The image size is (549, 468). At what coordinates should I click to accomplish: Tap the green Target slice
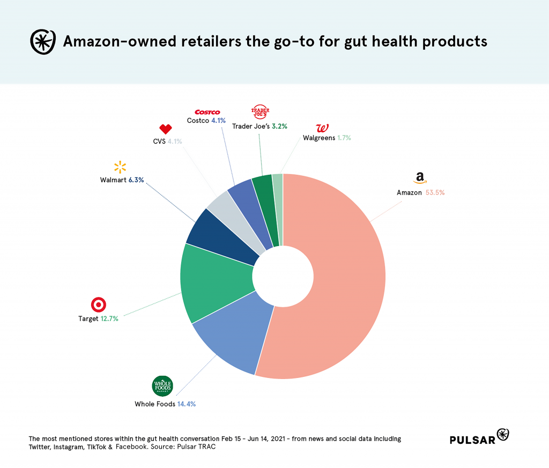pos(214,281)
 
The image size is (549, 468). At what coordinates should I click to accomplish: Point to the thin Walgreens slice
pos(278,209)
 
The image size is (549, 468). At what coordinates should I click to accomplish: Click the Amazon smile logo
pos(420,178)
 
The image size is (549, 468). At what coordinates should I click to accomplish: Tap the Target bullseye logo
pos(99,304)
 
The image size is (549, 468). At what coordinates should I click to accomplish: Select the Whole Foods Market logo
pos(163,386)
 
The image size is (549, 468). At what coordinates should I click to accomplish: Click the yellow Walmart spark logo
pos(120,167)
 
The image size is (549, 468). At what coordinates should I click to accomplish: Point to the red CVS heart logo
pos(166,129)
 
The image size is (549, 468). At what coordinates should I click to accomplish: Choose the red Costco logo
pos(207,112)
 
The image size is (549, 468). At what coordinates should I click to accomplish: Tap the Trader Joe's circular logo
pos(261,112)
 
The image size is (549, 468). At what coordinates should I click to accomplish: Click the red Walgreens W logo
pos(322,128)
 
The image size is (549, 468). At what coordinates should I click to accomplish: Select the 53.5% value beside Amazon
pos(435,192)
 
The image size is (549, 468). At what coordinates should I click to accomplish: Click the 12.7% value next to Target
pos(109,318)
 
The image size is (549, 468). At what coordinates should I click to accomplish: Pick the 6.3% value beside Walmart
pos(136,180)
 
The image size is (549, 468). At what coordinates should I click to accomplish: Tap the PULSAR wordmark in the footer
pos(472,440)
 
